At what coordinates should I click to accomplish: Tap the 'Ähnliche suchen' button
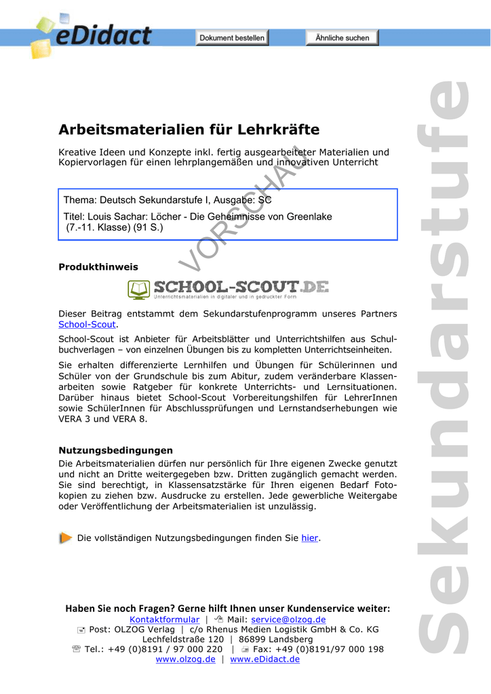342,38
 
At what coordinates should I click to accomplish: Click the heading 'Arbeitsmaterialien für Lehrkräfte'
189,129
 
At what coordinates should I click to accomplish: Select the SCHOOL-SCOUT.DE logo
229,289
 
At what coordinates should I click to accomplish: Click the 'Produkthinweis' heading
98,267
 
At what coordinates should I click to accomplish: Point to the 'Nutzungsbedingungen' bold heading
115,450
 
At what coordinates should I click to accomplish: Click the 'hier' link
310,538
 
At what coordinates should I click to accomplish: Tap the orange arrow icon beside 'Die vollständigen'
65,538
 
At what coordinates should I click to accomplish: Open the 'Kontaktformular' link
164,619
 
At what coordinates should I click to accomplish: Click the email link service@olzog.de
288,619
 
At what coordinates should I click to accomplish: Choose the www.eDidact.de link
264,659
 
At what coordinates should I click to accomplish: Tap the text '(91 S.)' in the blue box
149,227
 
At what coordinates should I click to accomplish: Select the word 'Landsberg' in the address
291,639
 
